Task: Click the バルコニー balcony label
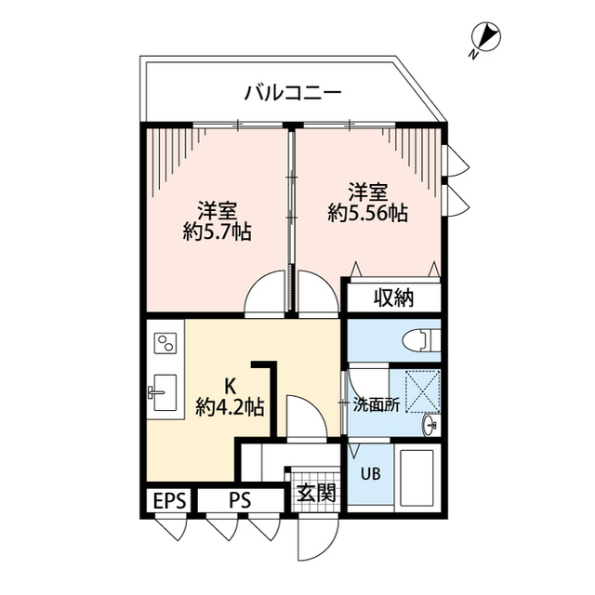293,93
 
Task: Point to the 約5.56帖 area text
368,214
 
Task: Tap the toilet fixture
422,341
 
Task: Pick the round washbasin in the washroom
430,425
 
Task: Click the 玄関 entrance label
315,492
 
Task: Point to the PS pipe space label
239,501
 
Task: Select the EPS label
169,501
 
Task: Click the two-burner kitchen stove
165,346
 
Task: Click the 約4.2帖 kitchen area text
229,406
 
